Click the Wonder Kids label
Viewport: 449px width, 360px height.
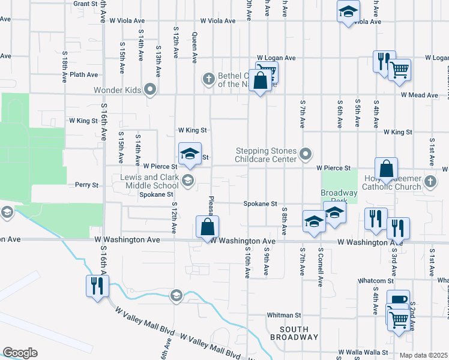point(116,91)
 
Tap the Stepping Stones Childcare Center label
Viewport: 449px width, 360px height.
point(267,155)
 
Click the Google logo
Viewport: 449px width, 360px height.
point(20,352)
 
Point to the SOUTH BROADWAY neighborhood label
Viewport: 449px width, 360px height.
point(294,333)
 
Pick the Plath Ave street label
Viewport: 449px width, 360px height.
point(83,74)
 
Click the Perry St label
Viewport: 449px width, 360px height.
point(86,185)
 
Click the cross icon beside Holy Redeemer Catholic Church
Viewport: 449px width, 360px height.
point(430,181)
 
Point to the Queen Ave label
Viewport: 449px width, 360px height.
point(194,47)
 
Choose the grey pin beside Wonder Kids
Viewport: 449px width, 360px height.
point(150,91)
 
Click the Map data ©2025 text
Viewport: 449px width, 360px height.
point(423,355)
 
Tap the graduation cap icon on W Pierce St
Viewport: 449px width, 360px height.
point(190,153)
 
